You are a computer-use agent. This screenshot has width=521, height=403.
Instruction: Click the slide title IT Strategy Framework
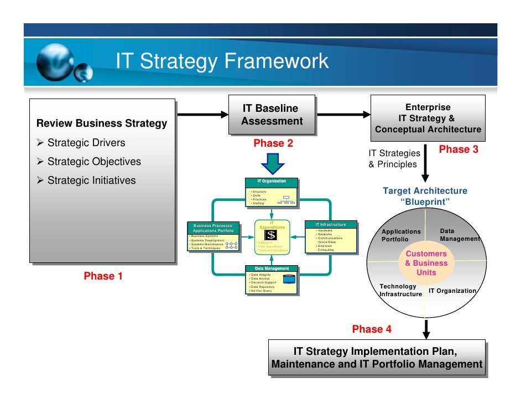pos(222,61)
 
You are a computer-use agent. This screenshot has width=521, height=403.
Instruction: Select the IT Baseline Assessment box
pos(272,115)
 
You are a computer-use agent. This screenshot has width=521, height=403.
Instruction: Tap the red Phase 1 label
pos(103,276)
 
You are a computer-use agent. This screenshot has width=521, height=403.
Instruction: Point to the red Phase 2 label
pos(273,143)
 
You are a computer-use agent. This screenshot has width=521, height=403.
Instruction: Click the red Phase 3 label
pos(458,149)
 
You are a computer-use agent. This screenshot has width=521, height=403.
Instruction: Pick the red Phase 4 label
pos(372,329)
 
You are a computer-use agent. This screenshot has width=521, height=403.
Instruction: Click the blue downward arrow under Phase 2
pos(272,162)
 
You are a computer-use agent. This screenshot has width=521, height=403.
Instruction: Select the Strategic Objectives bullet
pos(94,162)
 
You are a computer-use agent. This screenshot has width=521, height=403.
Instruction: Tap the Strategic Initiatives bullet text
pos(91,180)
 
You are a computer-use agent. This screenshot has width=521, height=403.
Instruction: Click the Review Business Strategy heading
pos(101,123)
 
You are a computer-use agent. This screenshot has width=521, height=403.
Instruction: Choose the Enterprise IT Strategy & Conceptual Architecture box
pos(428,118)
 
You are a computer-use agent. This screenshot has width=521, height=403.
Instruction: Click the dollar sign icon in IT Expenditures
pos(271,235)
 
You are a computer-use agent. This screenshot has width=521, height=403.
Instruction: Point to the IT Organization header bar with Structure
pos(272,182)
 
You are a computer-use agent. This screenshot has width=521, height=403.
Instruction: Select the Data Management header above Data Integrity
pos(271,268)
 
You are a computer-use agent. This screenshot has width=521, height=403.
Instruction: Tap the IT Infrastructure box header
pos(331,225)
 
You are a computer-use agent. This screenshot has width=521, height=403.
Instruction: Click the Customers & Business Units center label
pos(426,263)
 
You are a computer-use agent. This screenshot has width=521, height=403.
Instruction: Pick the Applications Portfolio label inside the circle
pos(401,235)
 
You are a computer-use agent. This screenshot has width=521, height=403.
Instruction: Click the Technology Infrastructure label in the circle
pos(400,290)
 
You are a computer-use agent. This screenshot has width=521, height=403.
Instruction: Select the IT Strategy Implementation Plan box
pos(377,358)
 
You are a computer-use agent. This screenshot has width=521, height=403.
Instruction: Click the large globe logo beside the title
pos(55,61)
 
